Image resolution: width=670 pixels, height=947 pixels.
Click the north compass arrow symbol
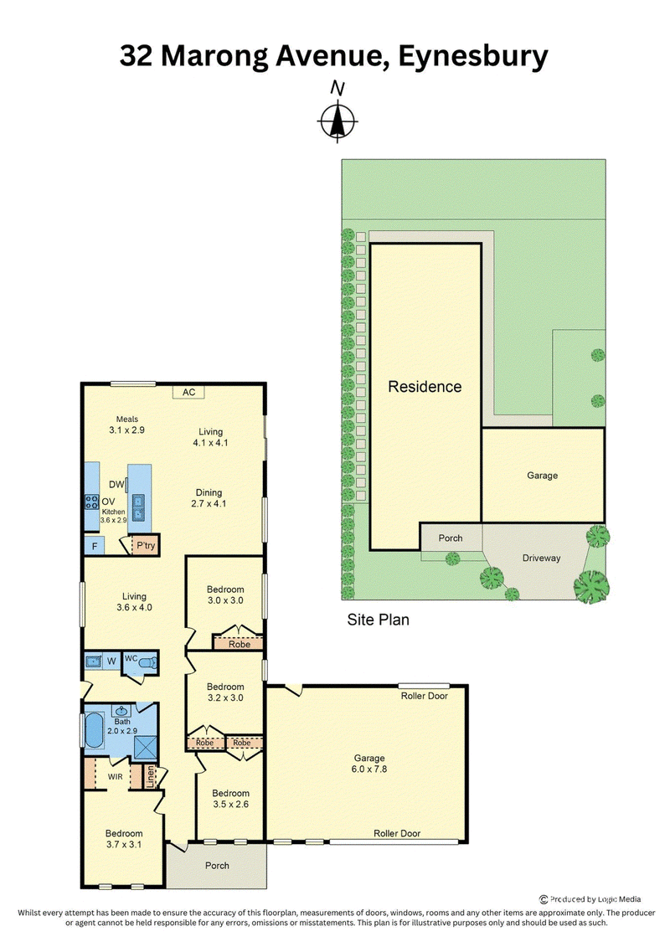(x=338, y=121)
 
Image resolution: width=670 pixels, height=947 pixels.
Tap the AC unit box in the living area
(x=188, y=392)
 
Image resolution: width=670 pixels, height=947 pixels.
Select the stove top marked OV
(x=92, y=502)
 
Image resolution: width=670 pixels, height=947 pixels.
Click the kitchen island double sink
(x=138, y=507)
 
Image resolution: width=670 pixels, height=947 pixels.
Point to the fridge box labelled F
(x=95, y=547)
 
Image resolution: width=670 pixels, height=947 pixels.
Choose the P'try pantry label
(x=146, y=545)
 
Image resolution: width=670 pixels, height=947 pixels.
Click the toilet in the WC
(x=147, y=662)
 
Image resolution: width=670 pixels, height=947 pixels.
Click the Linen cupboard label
(x=151, y=777)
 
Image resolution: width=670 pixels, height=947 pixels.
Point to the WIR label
(x=116, y=777)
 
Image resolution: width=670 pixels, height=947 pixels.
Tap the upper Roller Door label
(x=424, y=696)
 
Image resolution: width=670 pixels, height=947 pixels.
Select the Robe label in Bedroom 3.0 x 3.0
(x=240, y=645)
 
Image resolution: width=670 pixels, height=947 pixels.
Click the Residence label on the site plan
(x=425, y=387)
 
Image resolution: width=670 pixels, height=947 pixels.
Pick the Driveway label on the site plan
(x=541, y=558)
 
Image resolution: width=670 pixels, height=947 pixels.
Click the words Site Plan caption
(x=379, y=620)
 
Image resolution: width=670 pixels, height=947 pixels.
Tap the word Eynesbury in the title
(x=473, y=56)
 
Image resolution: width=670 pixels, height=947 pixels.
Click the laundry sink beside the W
(x=93, y=661)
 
